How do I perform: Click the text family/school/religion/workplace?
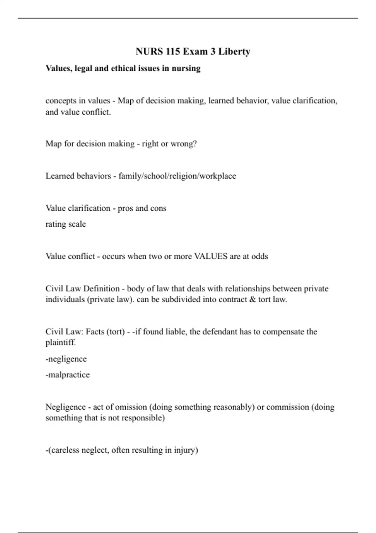[x=177, y=176]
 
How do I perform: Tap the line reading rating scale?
[x=65, y=224]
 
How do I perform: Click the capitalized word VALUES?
[x=211, y=256]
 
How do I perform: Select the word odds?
[x=259, y=256]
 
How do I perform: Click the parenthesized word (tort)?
[x=116, y=332]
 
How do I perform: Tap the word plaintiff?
[x=60, y=342]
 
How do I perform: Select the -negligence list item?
[x=66, y=359]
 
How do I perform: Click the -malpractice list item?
[x=68, y=375]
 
